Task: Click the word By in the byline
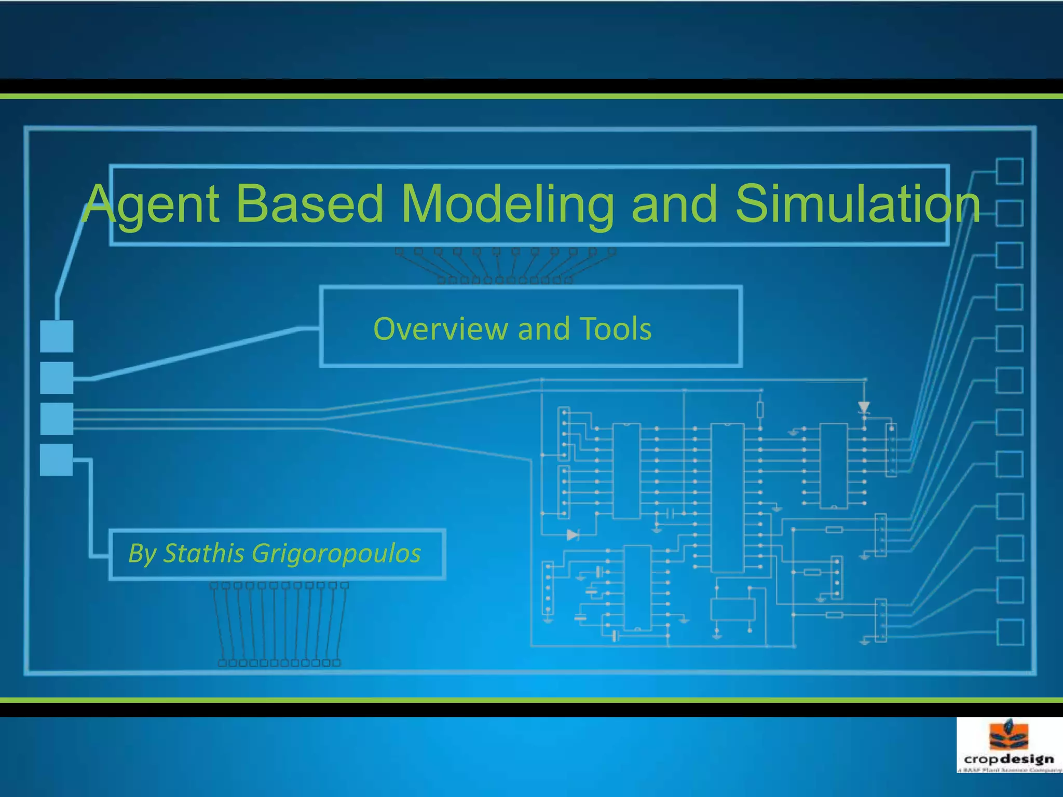tap(142, 553)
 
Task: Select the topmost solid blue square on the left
tap(57, 336)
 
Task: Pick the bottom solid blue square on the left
tap(57, 460)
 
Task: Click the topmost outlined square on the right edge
tap(1010, 171)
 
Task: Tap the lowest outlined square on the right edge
tap(1010, 632)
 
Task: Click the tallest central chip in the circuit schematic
tap(727, 497)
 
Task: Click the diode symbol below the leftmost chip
tap(573, 534)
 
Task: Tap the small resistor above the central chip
tap(760, 409)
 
